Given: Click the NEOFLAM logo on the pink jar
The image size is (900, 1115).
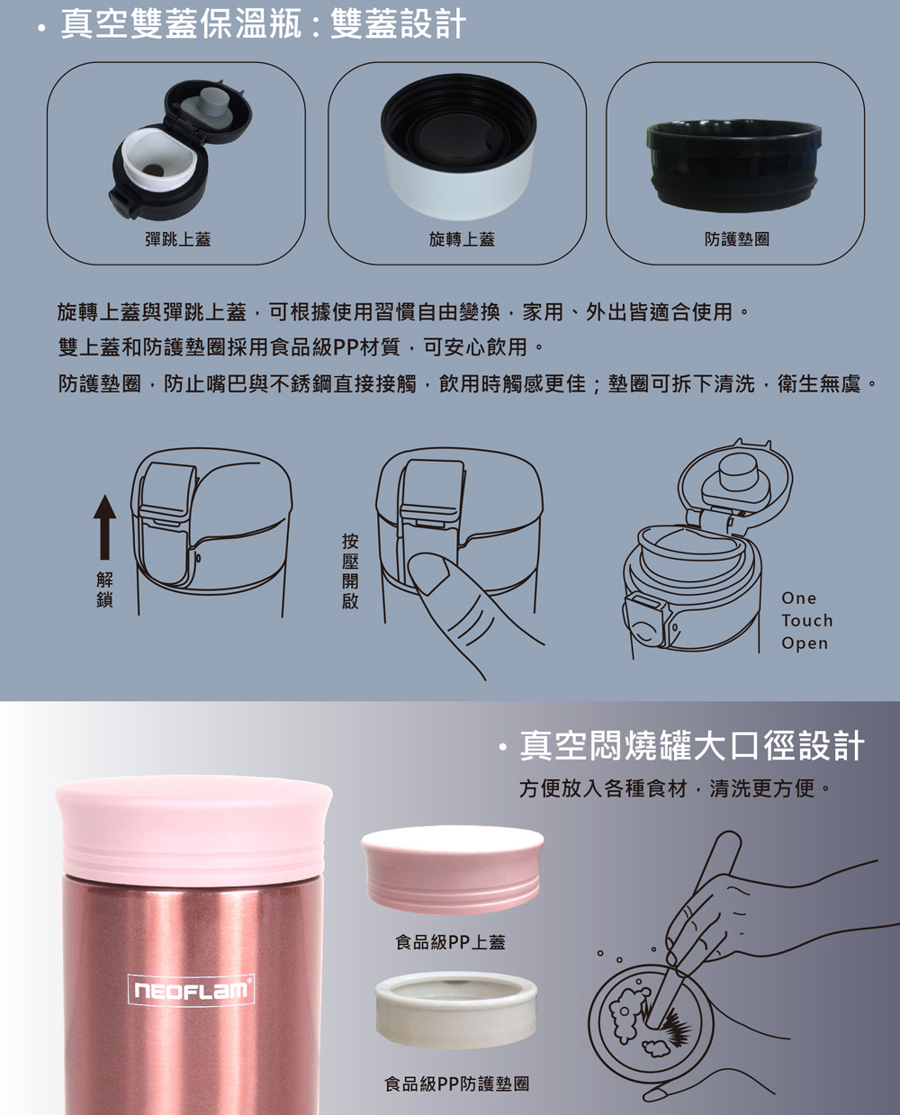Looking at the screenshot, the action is [x=191, y=990].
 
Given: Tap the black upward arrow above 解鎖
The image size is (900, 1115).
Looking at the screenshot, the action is [x=104, y=526].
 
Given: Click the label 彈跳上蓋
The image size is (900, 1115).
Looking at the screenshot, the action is [x=178, y=239].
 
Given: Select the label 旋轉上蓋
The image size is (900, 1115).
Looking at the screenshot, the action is [x=462, y=239].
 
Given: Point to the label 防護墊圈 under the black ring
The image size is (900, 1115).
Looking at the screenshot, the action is [x=737, y=239].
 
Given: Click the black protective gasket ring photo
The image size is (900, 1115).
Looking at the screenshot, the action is [x=734, y=166].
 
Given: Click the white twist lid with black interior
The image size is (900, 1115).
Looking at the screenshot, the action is [x=459, y=147].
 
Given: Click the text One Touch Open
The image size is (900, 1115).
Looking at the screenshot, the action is [x=806, y=620].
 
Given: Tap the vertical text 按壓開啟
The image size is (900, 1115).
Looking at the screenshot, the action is [x=350, y=571].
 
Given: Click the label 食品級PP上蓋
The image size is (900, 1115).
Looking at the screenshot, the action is [x=450, y=942].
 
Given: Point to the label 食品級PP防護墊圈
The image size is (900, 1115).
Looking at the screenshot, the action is [x=456, y=1084].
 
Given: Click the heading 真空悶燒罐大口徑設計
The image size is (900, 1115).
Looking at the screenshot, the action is [x=692, y=745].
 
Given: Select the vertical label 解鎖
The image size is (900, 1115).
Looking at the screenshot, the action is [x=104, y=589].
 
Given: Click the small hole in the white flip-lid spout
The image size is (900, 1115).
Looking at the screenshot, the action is [x=153, y=170].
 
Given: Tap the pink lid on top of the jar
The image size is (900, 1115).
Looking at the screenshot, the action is [x=193, y=828].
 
